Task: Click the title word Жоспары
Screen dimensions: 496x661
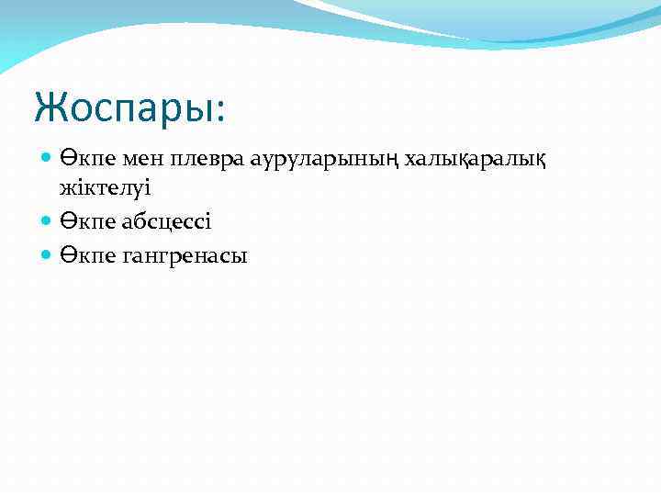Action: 128,107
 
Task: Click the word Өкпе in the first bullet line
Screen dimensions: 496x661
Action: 86,160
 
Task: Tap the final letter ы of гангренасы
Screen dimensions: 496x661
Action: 240,258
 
